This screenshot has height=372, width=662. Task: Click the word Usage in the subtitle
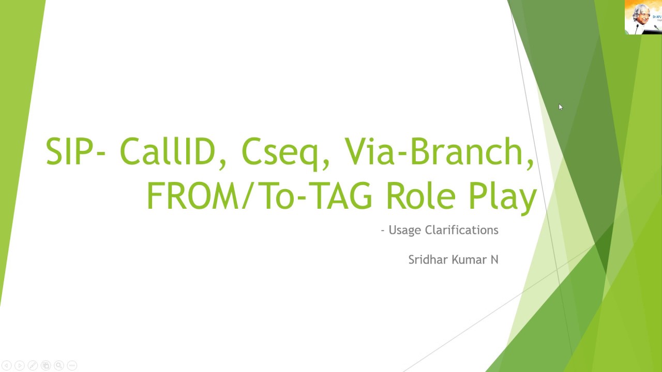pos(405,230)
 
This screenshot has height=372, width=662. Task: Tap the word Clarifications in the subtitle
pos(461,230)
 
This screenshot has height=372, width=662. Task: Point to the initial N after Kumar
pos(494,259)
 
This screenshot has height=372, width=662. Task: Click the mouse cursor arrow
pos(561,107)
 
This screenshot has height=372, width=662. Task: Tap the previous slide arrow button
pos(6,366)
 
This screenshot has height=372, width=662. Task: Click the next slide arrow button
pos(19,366)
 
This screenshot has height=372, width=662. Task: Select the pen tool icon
pos(33,366)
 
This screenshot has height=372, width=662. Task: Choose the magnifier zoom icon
pos(59,366)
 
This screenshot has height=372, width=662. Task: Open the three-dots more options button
pos(72,366)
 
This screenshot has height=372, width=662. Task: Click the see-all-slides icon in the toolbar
pos(46,366)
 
